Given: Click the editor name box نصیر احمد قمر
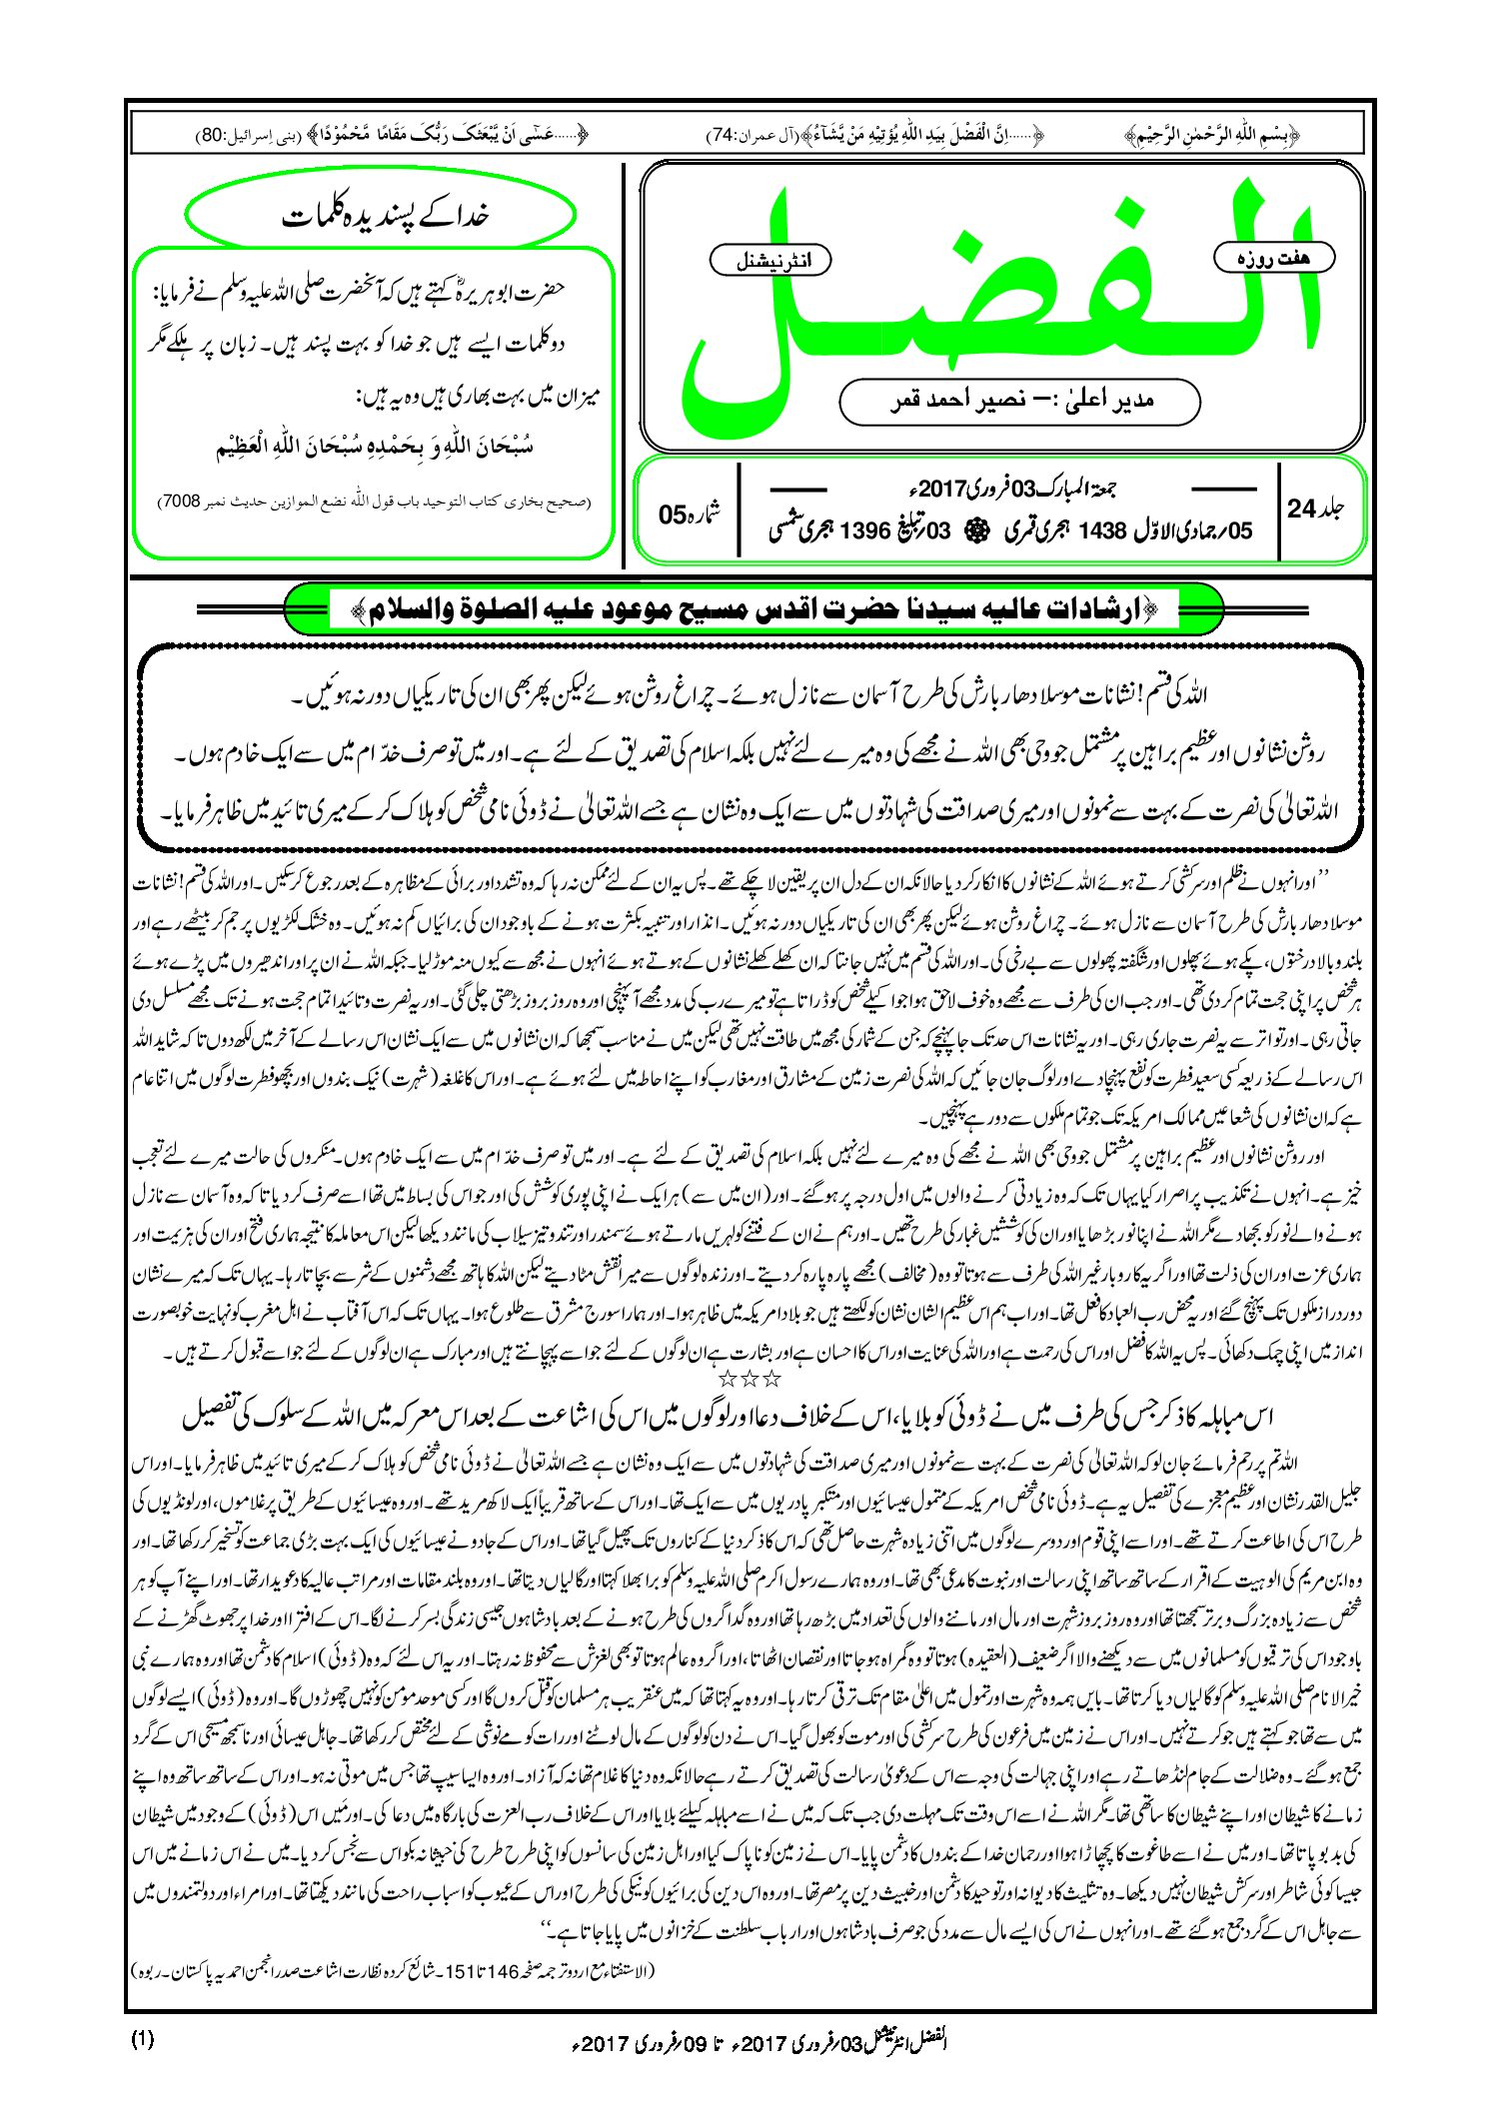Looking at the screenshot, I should (1019, 402).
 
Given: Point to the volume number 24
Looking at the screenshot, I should (1301, 509).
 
